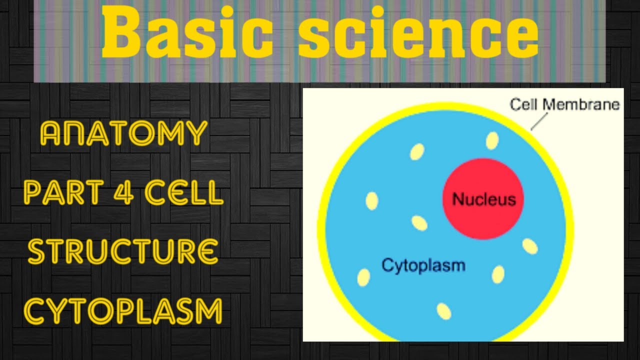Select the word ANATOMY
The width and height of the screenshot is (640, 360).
click(x=123, y=133)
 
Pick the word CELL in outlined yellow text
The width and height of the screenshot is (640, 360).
click(x=183, y=192)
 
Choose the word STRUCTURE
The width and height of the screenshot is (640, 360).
click(x=123, y=251)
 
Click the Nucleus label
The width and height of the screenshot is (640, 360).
click(x=483, y=199)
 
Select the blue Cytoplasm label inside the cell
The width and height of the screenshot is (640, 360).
click(x=423, y=264)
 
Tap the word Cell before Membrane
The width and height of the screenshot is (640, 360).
click(x=524, y=105)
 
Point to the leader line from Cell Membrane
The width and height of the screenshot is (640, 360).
click(x=539, y=121)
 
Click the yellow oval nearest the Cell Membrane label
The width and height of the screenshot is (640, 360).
click(x=492, y=140)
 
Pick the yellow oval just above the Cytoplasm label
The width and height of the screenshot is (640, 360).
click(x=419, y=223)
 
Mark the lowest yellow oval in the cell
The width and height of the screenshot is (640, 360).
click(x=444, y=311)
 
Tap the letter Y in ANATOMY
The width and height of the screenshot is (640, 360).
click(x=195, y=133)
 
